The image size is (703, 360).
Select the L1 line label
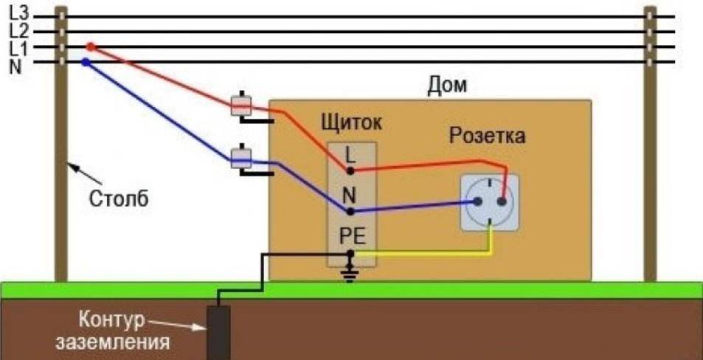coord(17,48)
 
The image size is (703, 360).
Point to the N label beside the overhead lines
coord(15,65)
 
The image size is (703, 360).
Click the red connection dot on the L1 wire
coord(91,47)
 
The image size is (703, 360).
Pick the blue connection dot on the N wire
coord(86,63)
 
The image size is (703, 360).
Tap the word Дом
coord(447,86)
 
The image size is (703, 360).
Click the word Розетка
coord(487,136)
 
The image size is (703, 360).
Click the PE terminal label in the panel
coord(352,236)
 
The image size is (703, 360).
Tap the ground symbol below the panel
coord(351,274)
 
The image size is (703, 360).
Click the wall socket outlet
coord(489,201)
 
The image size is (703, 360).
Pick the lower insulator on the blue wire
coord(242,157)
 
